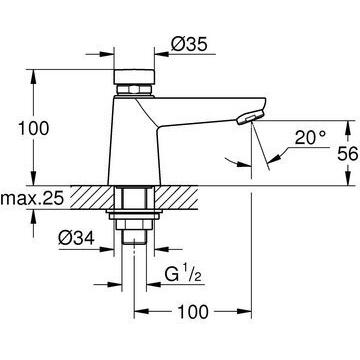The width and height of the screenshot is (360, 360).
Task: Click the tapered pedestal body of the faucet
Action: click(x=134, y=150)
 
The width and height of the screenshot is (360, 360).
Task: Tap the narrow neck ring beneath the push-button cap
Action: click(x=134, y=91)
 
